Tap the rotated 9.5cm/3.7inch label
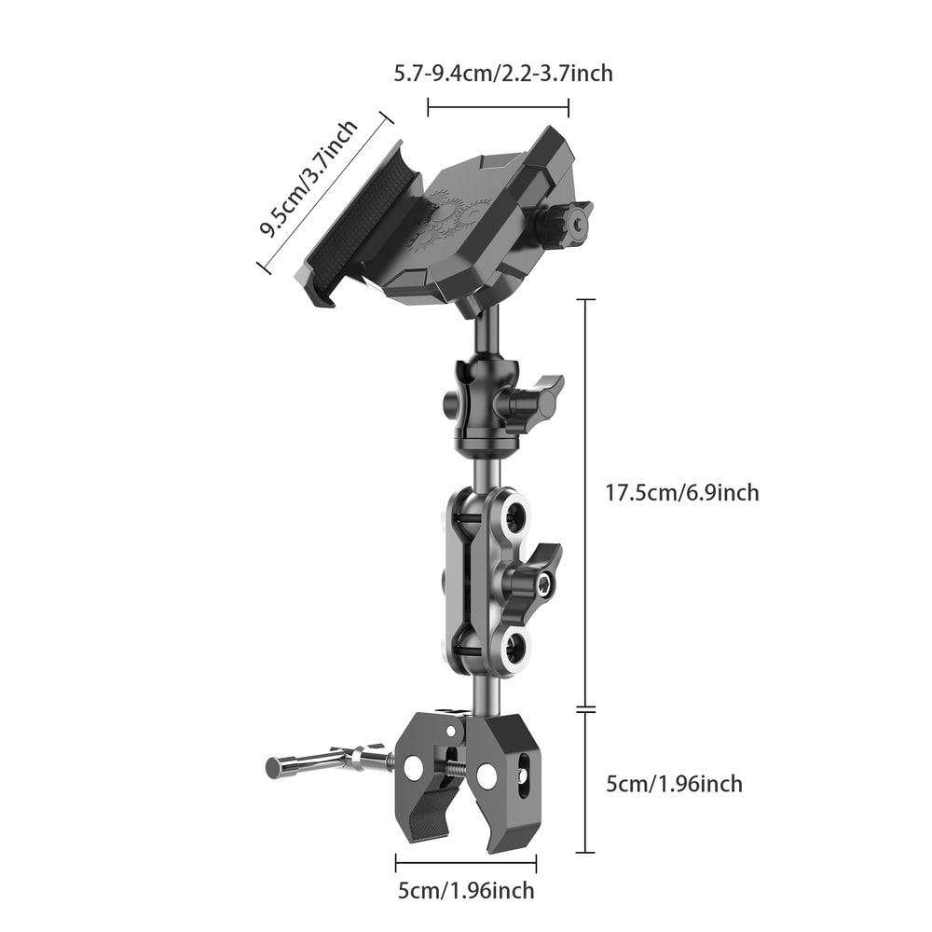pyautogui.click(x=308, y=181)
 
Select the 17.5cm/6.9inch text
pyautogui.click(x=682, y=492)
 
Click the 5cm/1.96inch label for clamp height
pyautogui.click(x=674, y=784)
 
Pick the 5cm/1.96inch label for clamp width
pyautogui.click(x=466, y=890)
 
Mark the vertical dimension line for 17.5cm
pyautogui.click(x=585, y=503)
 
